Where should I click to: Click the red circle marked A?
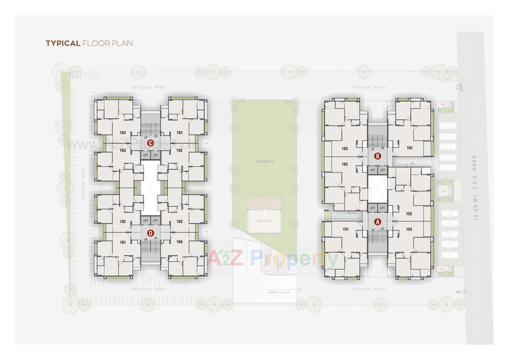(377, 222)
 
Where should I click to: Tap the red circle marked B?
(377, 156)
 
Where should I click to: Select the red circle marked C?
(150, 143)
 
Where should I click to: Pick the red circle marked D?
(150, 233)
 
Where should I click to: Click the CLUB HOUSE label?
(264, 221)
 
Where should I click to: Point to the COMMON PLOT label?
(266, 162)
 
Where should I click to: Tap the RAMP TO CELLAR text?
(279, 292)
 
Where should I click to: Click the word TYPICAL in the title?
(63, 44)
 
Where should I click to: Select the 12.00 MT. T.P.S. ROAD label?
(475, 188)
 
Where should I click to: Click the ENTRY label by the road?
(461, 87)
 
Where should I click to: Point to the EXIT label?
(459, 292)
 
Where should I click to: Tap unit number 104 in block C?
(122, 133)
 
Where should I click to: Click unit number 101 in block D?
(123, 242)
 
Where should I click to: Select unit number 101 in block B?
(410, 148)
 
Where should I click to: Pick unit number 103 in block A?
(409, 229)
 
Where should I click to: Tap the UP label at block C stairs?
(146, 138)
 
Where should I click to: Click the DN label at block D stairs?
(146, 240)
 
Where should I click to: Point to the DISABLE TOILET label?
(364, 273)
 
